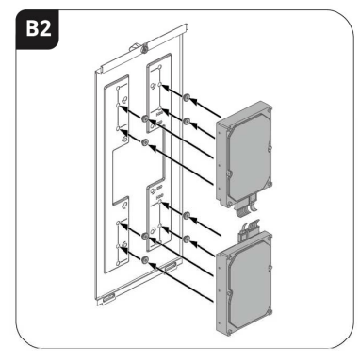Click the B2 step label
38,29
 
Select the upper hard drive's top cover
248,157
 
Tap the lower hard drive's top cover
250,285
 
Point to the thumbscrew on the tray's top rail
144,49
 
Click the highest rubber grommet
186,98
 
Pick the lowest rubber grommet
145,260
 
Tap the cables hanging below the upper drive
248,205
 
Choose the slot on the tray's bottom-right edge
171,268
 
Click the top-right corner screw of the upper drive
270,109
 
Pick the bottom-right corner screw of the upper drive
270,185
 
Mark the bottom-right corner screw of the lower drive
270,311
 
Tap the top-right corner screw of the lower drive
270,238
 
